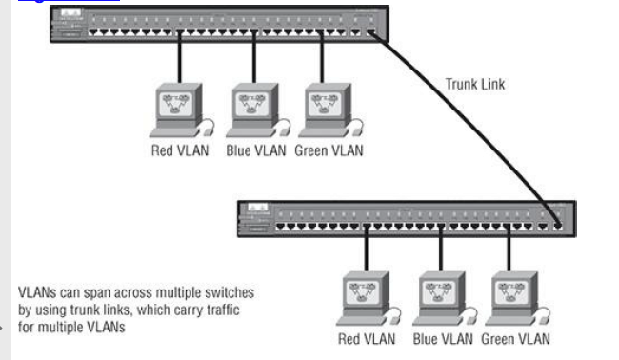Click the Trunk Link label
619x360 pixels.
point(475,84)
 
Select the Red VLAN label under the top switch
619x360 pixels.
point(181,150)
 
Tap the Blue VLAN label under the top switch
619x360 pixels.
point(255,150)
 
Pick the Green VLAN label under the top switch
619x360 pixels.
point(329,150)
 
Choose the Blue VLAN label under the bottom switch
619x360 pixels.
point(442,338)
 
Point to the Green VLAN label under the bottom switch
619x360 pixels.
point(515,338)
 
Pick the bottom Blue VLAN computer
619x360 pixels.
point(441,297)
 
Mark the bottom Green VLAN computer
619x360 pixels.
point(513,297)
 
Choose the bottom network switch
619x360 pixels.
point(405,220)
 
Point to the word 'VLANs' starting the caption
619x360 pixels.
point(36,292)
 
